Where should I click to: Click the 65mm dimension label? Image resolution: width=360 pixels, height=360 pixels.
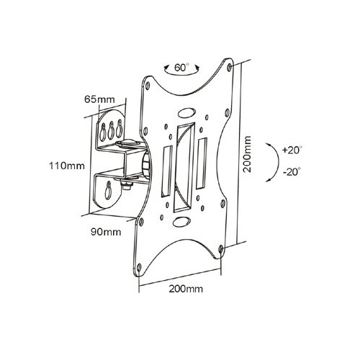pos(99,99)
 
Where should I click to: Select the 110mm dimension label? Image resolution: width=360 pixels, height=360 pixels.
pos(67,166)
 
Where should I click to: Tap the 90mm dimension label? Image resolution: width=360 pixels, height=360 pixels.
pos(106,232)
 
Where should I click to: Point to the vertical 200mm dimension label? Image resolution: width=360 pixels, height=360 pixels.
pos(247,154)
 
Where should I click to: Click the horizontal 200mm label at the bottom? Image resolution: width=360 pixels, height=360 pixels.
pos(186,289)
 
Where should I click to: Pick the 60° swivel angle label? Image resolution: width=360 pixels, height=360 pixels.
pos(181,68)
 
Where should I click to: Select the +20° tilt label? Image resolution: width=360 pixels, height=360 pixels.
pos(292,150)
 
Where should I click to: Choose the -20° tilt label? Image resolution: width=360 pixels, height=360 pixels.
pos(292,172)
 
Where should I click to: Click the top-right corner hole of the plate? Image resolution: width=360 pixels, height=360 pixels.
pos(230,67)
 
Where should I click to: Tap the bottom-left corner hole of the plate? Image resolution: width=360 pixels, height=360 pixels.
pos(139,267)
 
